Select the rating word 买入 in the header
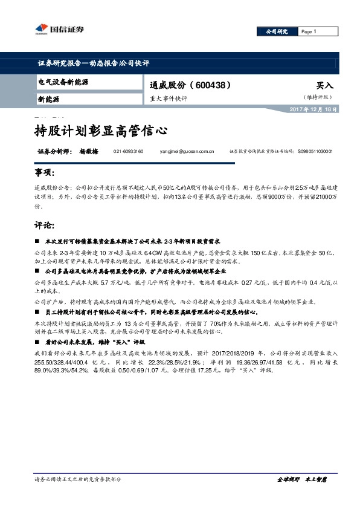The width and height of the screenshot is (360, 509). pos(325,86)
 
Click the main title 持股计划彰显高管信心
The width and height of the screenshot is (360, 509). pos(100,130)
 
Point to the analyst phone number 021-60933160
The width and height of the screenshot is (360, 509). pos(128,152)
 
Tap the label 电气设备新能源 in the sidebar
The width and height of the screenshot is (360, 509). pos(63,82)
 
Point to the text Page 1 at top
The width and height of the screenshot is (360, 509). pos(309,31)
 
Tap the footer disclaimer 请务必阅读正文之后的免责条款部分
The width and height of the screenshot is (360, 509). pos(78,479)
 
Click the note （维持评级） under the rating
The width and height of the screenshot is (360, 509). pos(318,97)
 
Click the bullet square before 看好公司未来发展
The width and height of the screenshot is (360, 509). pos(37,342)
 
